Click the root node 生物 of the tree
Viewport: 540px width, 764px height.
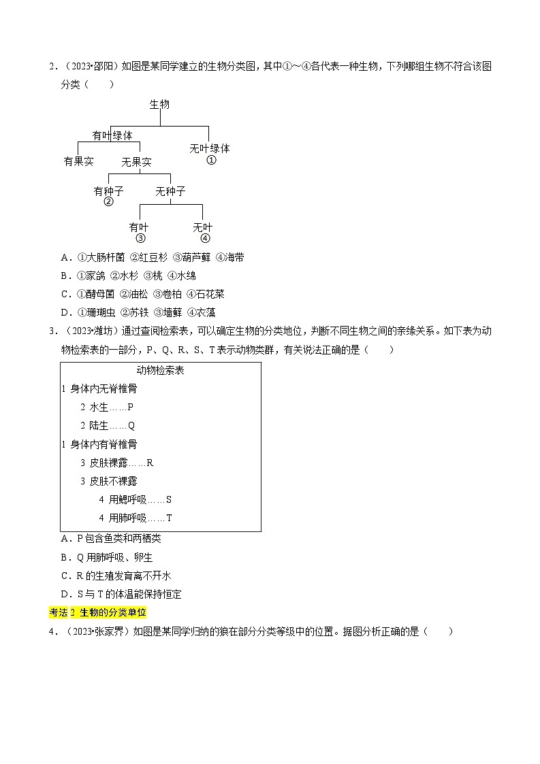click(x=159, y=104)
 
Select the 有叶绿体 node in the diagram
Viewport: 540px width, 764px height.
click(x=112, y=135)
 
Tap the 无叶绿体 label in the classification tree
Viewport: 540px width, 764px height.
click(x=210, y=148)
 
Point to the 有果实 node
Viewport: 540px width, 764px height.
click(x=78, y=161)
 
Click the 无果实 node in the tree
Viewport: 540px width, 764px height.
click(x=136, y=163)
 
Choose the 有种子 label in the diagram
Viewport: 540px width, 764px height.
click(x=109, y=191)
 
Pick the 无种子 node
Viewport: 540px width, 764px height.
click(x=170, y=191)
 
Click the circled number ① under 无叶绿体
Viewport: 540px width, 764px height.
click(x=211, y=160)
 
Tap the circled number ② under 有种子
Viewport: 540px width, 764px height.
click(x=108, y=202)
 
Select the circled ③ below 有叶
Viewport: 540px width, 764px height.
click(x=140, y=238)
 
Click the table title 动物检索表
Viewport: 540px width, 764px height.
click(x=160, y=371)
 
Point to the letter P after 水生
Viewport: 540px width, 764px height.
click(x=131, y=407)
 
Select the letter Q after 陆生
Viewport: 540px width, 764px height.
click(x=131, y=426)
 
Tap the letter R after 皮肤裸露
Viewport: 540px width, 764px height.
click(x=150, y=463)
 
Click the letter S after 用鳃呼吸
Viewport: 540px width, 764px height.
click(x=169, y=499)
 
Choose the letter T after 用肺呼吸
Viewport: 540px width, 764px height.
click(x=169, y=518)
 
